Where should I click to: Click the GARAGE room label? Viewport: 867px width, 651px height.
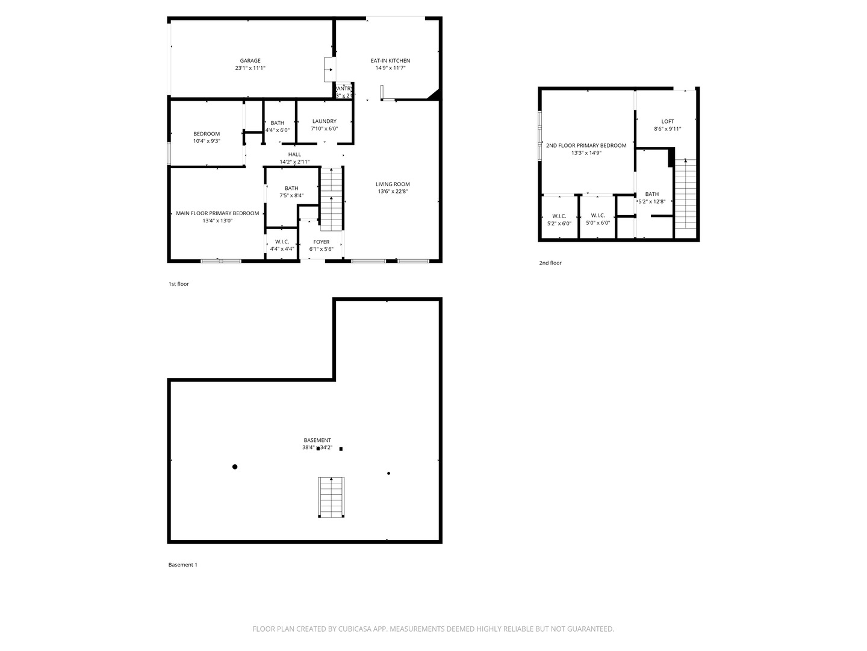click(x=250, y=61)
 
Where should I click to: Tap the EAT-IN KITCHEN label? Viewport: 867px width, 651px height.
click(x=390, y=61)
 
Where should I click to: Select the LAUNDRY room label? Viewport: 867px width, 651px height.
click(x=324, y=121)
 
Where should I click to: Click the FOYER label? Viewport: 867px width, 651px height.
click(x=321, y=242)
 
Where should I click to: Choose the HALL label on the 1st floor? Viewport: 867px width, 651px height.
click(x=294, y=154)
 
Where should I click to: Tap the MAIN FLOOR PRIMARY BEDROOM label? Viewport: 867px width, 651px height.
click(x=217, y=213)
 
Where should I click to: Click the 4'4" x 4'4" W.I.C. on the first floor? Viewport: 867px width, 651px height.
click(x=282, y=245)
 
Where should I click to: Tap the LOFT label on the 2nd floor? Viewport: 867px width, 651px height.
click(x=668, y=121)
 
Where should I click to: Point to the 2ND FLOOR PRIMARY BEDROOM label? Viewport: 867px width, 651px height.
click(x=586, y=145)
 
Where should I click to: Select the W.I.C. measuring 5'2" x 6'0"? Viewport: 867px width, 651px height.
click(x=559, y=219)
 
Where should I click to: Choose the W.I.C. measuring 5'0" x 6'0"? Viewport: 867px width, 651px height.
click(x=598, y=219)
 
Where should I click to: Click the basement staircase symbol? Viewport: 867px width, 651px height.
click(x=331, y=497)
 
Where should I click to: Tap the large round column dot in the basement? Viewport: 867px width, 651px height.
click(x=235, y=467)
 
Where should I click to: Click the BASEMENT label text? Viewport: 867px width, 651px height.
click(x=317, y=440)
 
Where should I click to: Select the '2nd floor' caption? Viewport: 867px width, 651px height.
click(x=550, y=263)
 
